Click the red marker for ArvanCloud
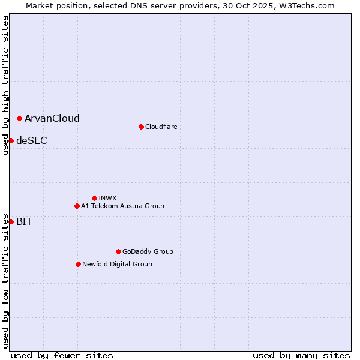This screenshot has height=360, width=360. tap(20, 118)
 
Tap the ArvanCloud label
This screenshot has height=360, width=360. tap(52, 119)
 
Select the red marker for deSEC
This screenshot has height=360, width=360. tap(11, 140)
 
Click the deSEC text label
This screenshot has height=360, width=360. tap(32, 141)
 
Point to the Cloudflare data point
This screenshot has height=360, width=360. tap(141, 127)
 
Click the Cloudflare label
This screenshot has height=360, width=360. tap(161, 127)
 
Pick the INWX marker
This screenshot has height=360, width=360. tap(94, 198)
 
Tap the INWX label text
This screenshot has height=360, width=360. tap(107, 198)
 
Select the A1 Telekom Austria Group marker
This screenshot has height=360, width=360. tap(77, 206)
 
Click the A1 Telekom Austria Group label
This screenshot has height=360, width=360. tap(122, 206)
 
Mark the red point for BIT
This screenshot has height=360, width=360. tap(11, 221)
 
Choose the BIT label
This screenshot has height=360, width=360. tap(25, 222)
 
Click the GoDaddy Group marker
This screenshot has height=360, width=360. tap(118, 251)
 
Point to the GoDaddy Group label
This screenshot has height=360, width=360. tap(148, 251)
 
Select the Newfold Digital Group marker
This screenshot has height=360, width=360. tap(78, 264)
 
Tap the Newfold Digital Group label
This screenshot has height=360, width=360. tap(117, 264)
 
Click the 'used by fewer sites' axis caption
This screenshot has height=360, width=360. tap(62, 355)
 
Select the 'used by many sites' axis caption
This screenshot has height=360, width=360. tap(301, 355)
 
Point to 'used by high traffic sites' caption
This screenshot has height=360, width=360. tap(5, 85)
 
